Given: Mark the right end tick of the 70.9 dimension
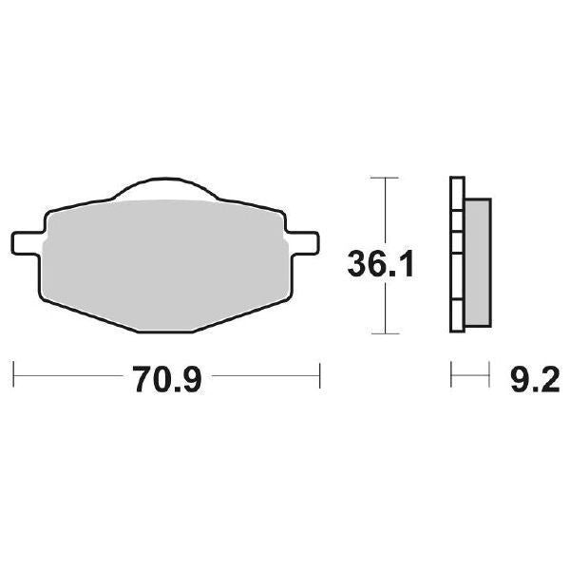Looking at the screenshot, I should [320, 375].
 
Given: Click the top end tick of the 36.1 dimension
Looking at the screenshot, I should [383, 178].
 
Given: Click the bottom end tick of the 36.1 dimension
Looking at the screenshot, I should [383, 333].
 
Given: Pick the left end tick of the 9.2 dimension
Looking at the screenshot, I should [450, 375].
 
